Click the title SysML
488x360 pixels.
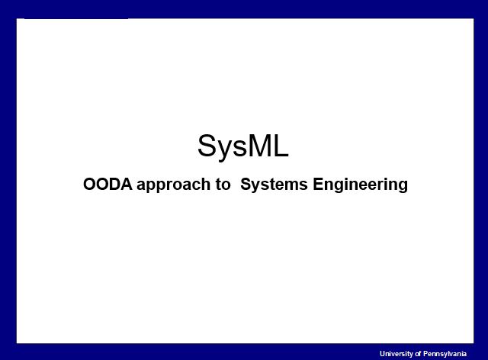pyautogui.click(x=243, y=146)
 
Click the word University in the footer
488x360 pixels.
pyautogui.click(x=396, y=353)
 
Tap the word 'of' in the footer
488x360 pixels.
pyautogui.click(x=420, y=353)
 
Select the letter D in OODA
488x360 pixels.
pyautogui.click(x=115, y=185)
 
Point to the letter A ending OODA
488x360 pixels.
pyautogui.click(x=127, y=185)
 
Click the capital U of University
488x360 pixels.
pyautogui.click(x=382, y=353)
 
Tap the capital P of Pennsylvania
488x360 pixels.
pyautogui.click(x=429, y=353)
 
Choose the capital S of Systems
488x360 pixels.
pyautogui.click(x=246, y=185)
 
